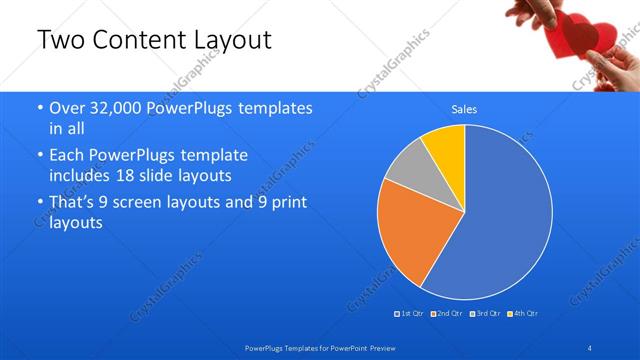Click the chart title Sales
[464, 108]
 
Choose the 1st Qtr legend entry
[411, 314]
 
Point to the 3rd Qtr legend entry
[485, 314]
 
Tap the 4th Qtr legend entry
[523, 314]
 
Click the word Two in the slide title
[60, 40]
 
